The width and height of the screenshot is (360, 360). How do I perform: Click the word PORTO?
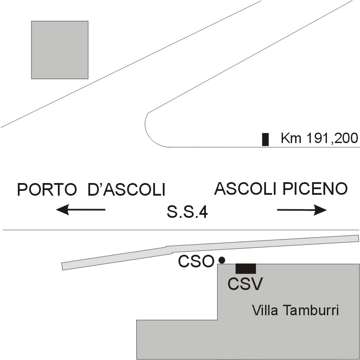[47, 190]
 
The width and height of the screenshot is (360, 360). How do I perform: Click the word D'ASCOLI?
[127, 190]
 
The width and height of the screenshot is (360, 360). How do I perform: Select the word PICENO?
[315, 189]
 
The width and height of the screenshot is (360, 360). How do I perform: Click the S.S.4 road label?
[187, 212]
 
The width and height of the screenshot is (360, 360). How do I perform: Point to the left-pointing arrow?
[81, 210]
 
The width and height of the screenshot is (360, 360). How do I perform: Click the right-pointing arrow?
[302, 210]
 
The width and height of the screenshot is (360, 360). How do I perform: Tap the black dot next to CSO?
[222, 260]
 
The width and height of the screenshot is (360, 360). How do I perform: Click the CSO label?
[196, 261]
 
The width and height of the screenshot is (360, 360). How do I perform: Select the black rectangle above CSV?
[246, 269]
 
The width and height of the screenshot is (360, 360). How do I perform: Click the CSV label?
[245, 284]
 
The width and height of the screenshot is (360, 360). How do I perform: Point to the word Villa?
[265, 310]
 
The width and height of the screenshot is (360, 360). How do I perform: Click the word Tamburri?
[311, 310]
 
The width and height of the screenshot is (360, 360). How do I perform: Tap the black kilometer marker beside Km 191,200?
[265, 140]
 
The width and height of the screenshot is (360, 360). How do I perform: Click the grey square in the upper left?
[60, 50]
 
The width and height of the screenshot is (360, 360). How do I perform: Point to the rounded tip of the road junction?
[145, 124]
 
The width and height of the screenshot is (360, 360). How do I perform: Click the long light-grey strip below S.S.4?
[210, 252]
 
